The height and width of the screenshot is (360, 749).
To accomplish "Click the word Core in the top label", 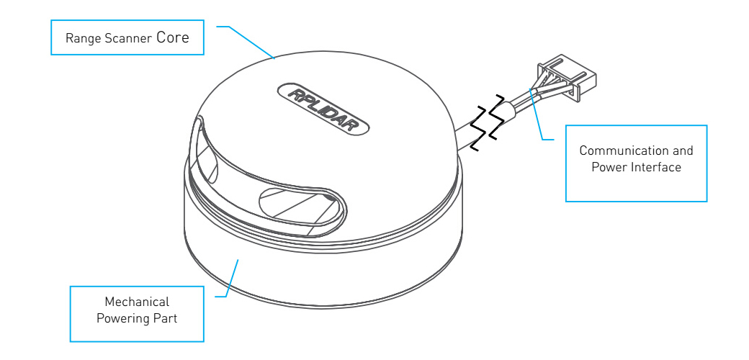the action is pos(172,37).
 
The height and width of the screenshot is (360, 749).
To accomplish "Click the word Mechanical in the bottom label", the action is pos(137,302).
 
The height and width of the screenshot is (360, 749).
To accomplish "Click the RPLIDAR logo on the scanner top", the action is pos(323,110).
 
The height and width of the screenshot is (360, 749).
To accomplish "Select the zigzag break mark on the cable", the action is pos(488,122).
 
